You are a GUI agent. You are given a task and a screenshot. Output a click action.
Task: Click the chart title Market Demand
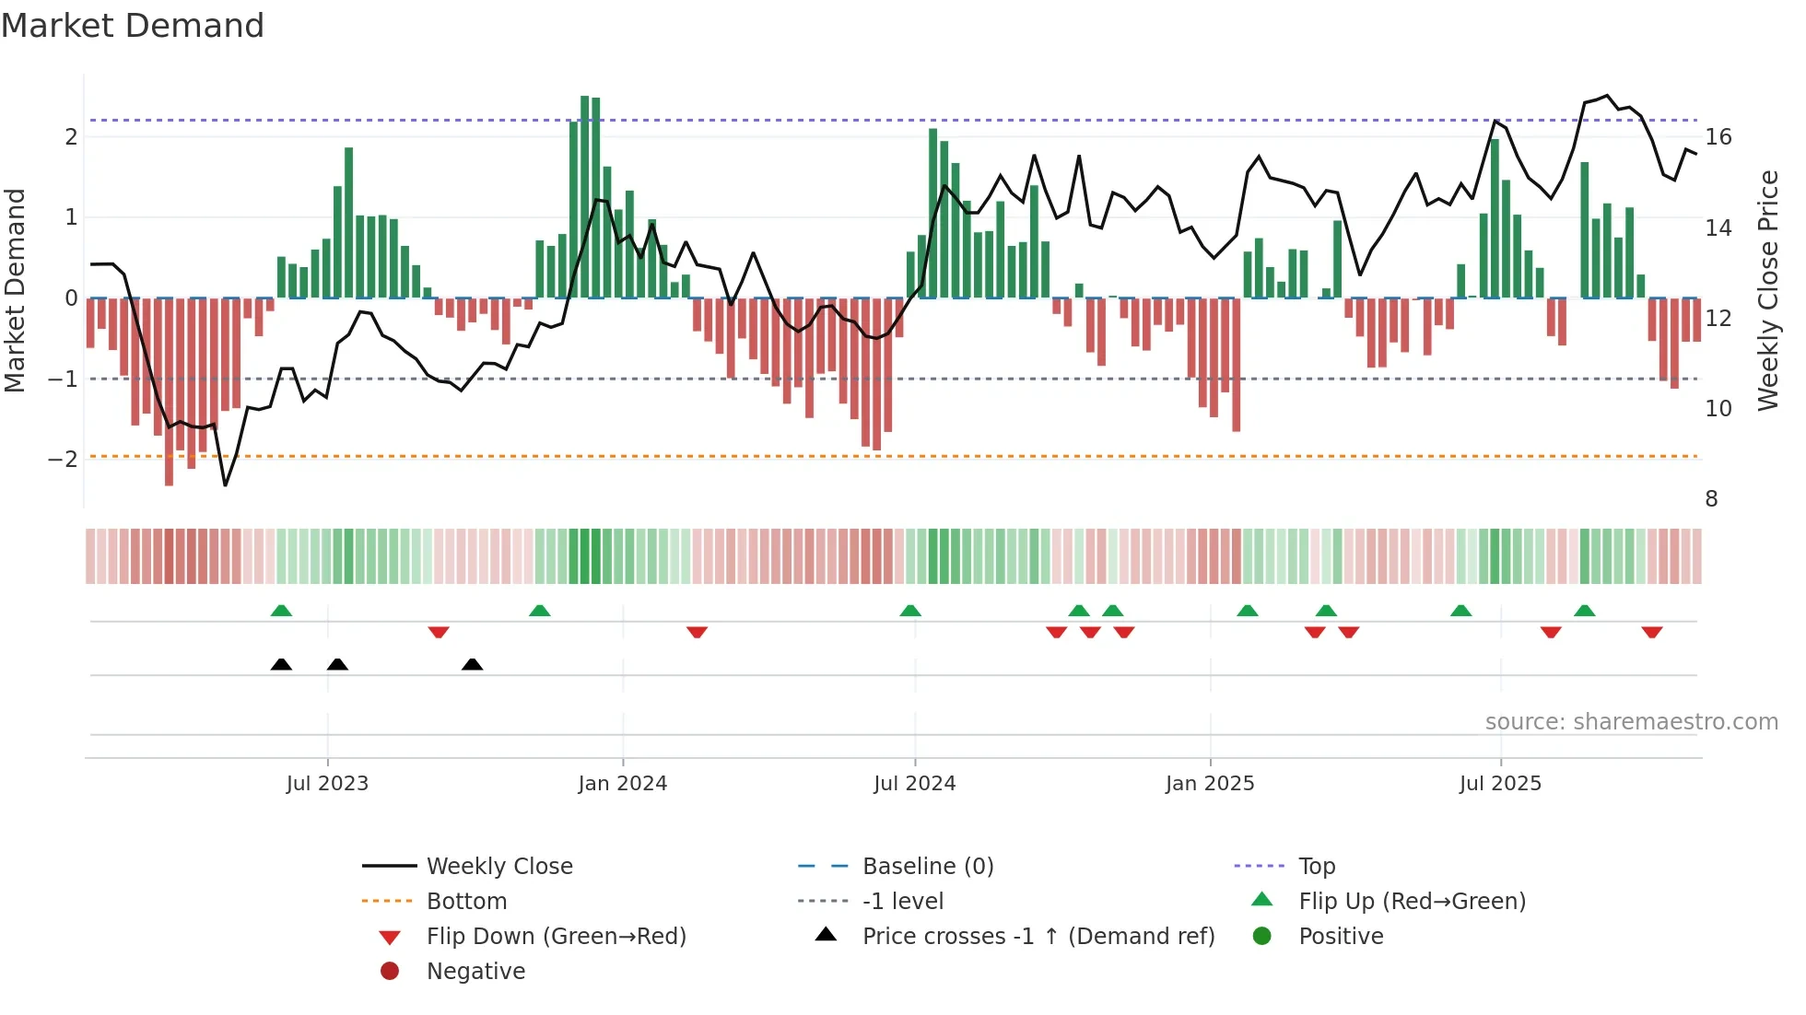coord(133,26)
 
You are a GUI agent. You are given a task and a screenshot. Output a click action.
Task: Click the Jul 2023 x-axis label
coord(327,784)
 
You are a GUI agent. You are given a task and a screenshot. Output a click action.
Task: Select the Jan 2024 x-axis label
coord(622,784)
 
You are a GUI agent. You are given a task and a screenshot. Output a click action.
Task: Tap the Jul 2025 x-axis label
coord(1500,784)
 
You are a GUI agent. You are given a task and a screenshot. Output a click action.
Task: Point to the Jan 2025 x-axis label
coord(1209,784)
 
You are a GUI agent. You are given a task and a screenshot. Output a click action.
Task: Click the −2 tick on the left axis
coord(63,459)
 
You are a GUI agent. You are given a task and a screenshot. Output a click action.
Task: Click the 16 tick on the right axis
coord(1718,137)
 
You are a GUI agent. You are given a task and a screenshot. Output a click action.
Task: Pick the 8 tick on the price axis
coord(1711,499)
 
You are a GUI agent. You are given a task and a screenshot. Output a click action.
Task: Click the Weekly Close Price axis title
coord(1767,290)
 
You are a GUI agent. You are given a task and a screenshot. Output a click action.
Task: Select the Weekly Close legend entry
coord(498,867)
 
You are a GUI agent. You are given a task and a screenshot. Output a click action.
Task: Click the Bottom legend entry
coord(466,902)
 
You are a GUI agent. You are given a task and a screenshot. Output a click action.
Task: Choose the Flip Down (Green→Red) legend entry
coord(556,937)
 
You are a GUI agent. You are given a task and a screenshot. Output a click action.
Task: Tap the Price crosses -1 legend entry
coord(1038,937)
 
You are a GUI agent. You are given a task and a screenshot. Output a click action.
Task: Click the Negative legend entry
coord(475,972)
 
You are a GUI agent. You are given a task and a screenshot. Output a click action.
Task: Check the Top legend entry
coord(1316,867)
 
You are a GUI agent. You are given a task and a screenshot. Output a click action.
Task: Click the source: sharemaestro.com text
coord(1631,722)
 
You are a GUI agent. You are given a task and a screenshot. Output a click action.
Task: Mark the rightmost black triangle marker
coord(472,664)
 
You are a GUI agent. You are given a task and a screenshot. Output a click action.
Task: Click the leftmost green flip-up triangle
coord(281,611)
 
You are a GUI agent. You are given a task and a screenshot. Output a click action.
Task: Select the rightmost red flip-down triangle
coord(1651,632)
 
